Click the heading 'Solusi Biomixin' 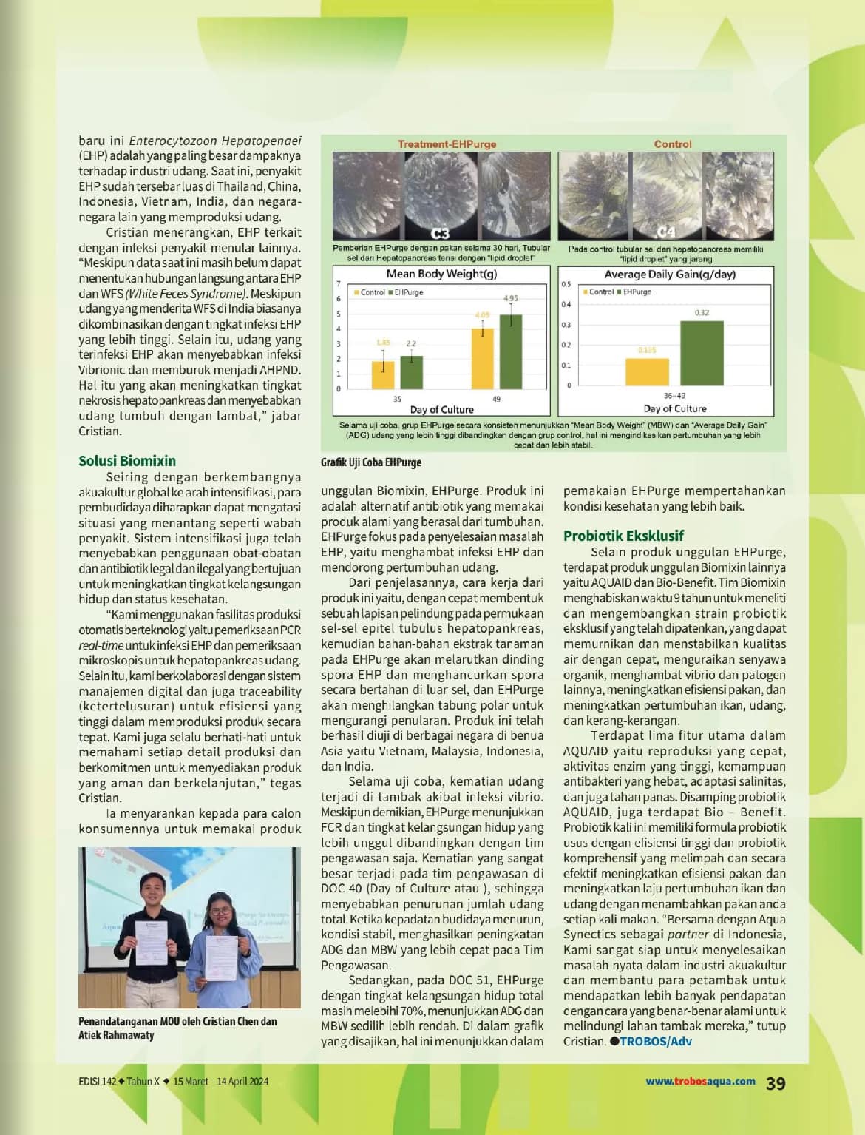pyautogui.click(x=127, y=461)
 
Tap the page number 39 pyautogui.click(x=776, y=1083)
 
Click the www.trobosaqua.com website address pyautogui.click(x=700, y=1081)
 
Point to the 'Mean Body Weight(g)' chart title pyautogui.click(x=441, y=274)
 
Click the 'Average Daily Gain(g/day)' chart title pyautogui.click(x=670, y=274)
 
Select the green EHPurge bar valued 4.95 pyautogui.click(x=510, y=351)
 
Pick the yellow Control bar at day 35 pyautogui.click(x=383, y=375)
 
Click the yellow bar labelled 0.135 pyautogui.click(x=647, y=371)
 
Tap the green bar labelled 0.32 pyautogui.click(x=702, y=353)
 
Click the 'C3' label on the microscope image pyautogui.click(x=440, y=234)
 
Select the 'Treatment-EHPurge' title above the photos pyautogui.click(x=447, y=144)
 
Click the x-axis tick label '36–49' pyautogui.click(x=674, y=397)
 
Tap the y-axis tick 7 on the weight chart pyautogui.click(x=339, y=283)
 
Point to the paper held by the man pyautogui.click(x=152, y=942)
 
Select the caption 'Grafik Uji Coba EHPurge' pyautogui.click(x=371, y=462)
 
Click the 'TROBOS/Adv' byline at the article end pyautogui.click(x=655, y=1041)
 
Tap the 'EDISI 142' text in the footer pyautogui.click(x=98, y=1081)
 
